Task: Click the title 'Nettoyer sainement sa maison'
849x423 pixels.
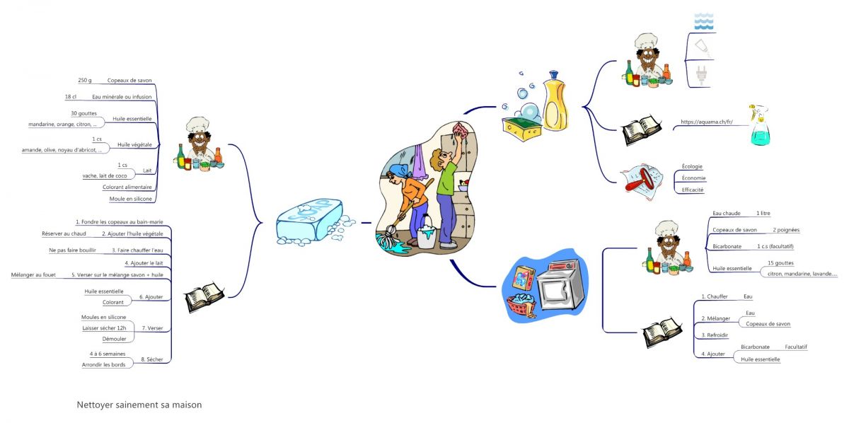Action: tap(139, 405)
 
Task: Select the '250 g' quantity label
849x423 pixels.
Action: tap(85, 81)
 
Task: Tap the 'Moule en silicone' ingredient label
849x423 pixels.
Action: tap(126, 199)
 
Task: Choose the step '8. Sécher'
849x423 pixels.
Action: tap(151, 359)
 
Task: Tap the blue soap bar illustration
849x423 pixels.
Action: tap(309, 222)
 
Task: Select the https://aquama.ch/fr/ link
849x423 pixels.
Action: tap(705, 122)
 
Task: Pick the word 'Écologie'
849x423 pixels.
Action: tap(691, 166)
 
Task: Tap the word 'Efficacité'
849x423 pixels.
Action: tap(693, 190)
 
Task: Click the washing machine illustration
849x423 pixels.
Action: tap(559, 287)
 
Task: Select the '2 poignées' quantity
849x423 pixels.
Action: tap(786, 230)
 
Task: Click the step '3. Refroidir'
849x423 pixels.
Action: tap(715, 335)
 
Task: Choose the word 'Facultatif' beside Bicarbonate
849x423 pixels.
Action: tap(796, 347)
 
